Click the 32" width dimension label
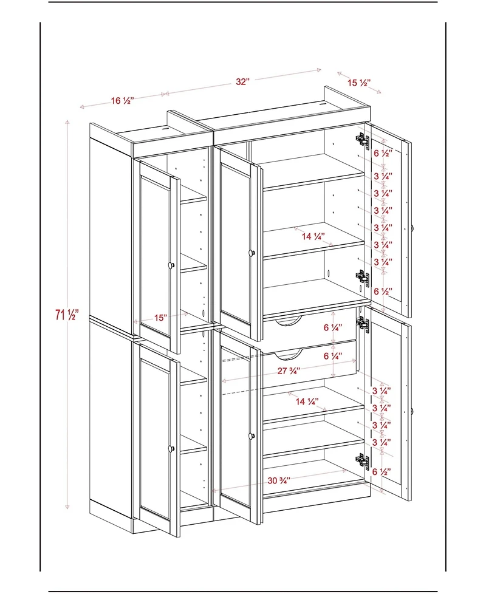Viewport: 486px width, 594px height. pyautogui.click(x=243, y=82)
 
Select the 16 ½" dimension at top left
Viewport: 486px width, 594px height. pyautogui.click(x=123, y=101)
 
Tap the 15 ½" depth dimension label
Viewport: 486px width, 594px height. pyautogui.click(x=359, y=82)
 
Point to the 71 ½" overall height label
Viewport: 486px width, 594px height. pyautogui.click(x=67, y=315)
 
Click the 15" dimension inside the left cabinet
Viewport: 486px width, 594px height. pyautogui.click(x=160, y=318)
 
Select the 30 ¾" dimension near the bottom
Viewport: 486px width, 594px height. pyautogui.click(x=279, y=480)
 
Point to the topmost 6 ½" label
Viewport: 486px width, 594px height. pyautogui.click(x=383, y=153)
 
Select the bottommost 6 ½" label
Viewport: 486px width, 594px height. pyautogui.click(x=382, y=471)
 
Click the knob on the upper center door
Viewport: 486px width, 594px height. pyautogui.click(x=250, y=252)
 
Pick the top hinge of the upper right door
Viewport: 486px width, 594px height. pyautogui.click(x=363, y=140)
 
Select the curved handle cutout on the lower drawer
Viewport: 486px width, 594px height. pyautogui.click(x=289, y=352)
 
